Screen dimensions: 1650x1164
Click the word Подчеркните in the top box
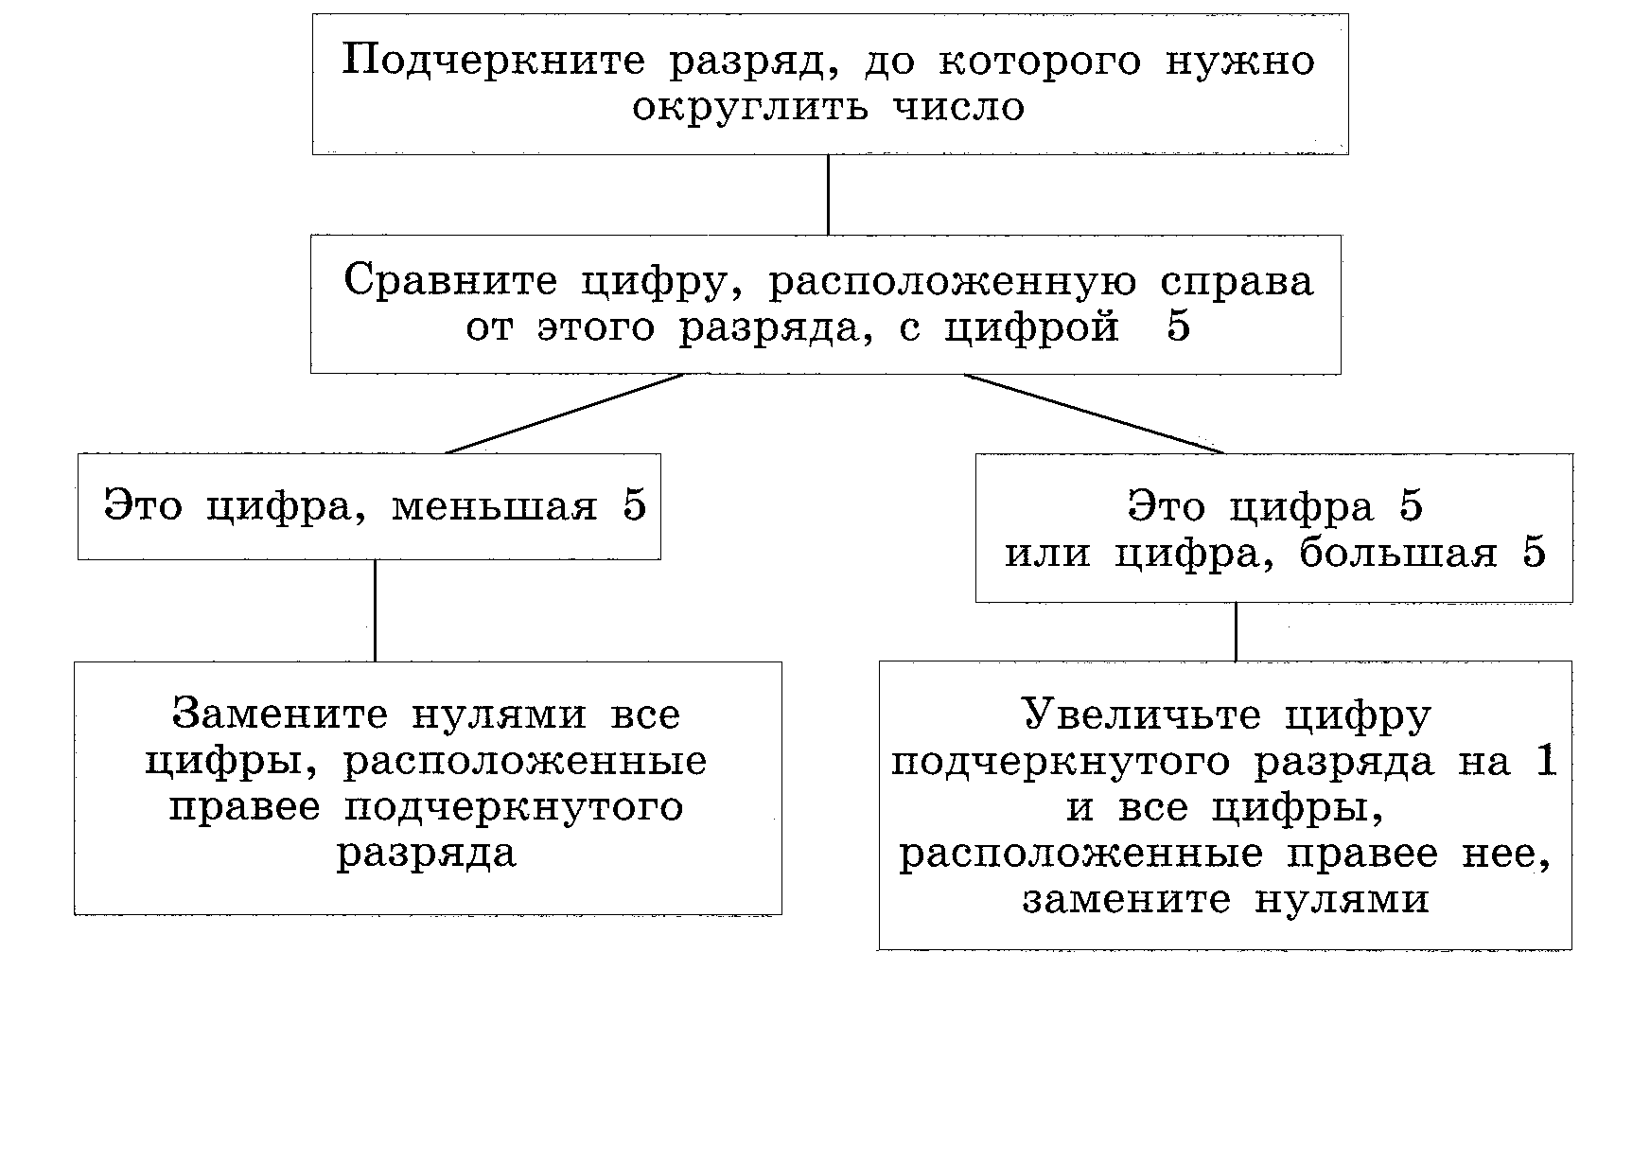[x=494, y=62]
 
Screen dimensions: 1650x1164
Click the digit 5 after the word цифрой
[x=1178, y=326]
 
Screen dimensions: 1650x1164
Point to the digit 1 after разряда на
[x=1546, y=761]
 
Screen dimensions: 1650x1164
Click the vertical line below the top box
[x=828, y=195]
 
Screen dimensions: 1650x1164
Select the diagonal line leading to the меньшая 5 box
[x=564, y=414]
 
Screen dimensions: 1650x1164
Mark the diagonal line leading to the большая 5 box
[x=1094, y=414]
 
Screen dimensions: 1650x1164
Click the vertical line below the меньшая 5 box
[x=375, y=610]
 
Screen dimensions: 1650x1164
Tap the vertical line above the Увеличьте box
[x=1236, y=631]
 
